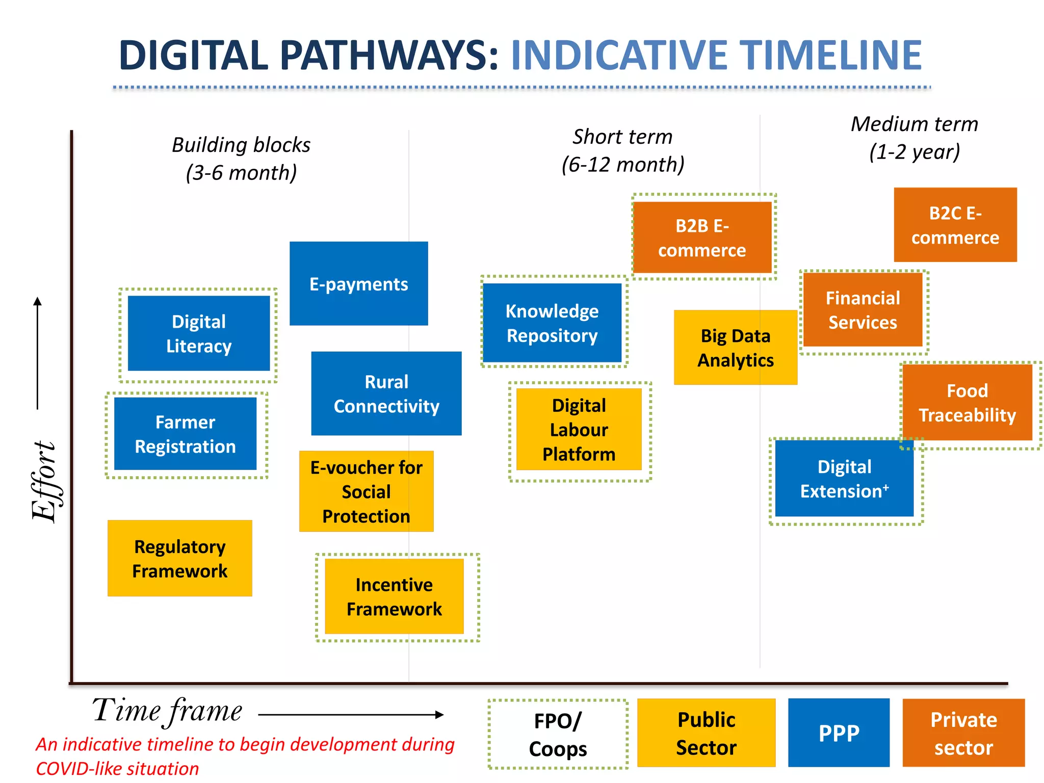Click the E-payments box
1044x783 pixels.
pyautogui.click(x=358, y=283)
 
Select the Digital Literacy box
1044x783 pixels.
pyautogui.click(x=198, y=333)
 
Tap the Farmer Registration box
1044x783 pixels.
pyautogui.click(x=185, y=434)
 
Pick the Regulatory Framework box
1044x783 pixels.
pyautogui.click(x=179, y=558)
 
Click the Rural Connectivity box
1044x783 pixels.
pyautogui.click(x=386, y=394)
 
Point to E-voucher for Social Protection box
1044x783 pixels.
pyautogui.click(x=366, y=491)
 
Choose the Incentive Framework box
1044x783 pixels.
pyautogui.click(x=394, y=596)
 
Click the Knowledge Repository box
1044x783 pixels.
pyautogui.click(x=552, y=323)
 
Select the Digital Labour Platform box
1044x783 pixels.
pyautogui.click(x=579, y=429)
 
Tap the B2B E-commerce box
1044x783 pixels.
pyautogui.click(x=702, y=238)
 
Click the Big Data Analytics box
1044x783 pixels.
pyautogui.click(x=735, y=348)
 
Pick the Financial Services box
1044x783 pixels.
pyautogui.click(x=863, y=310)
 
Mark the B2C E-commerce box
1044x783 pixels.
pyautogui.click(x=955, y=225)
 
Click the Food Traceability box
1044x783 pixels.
pyautogui.click(x=967, y=403)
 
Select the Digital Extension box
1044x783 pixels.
pyautogui.click(x=844, y=479)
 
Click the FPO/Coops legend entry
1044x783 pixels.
pyautogui.click(x=558, y=734)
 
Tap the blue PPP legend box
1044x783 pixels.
pyautogui.click(x=839, y=733)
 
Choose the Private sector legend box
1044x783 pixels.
pyautogui.click(x=963, y=733)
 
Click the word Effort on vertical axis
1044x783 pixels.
pyautogui.click(x=45, y=481)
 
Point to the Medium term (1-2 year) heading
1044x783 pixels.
pyautogui.click(x=914, y=138)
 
